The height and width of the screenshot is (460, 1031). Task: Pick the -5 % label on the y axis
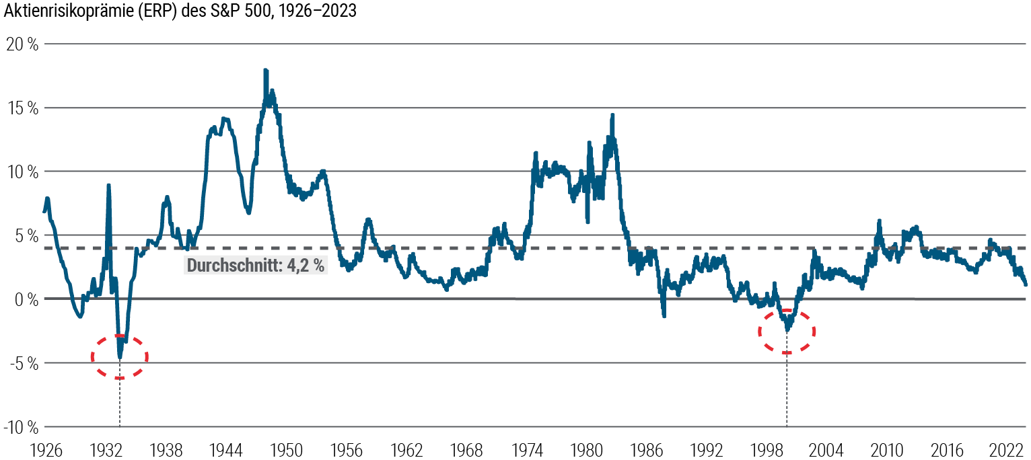coord(22,363)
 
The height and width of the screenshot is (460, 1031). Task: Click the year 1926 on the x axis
coord(44,449)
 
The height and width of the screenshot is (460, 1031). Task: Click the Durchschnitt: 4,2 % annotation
coord(256,266)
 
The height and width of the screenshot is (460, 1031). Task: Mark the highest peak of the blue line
coord(265,71)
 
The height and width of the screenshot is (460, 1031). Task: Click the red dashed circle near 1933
coord(120,356)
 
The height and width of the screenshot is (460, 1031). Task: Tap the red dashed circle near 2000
coord(787,331)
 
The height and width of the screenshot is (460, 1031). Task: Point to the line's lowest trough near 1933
coord(120,357)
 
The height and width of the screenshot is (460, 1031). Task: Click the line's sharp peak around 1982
coord(612,116)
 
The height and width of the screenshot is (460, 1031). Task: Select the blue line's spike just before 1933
coord(108,186)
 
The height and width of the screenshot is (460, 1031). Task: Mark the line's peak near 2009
coord(879,221)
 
